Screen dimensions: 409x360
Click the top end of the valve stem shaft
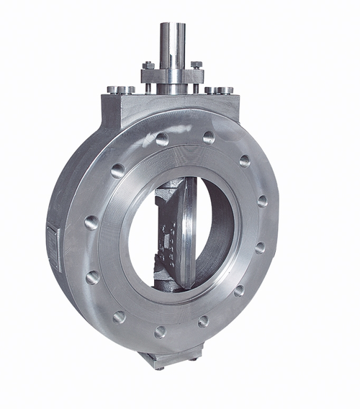173,26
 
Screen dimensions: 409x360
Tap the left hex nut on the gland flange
148,66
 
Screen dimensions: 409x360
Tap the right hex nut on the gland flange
197,65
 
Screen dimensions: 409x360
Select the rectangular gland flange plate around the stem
173,74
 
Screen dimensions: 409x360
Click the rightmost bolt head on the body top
228,91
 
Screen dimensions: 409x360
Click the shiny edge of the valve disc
189,230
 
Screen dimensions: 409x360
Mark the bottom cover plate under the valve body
173,359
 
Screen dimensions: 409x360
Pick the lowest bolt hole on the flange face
160,332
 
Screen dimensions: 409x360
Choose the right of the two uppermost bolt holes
209,137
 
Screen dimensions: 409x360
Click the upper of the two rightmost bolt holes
262,201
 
